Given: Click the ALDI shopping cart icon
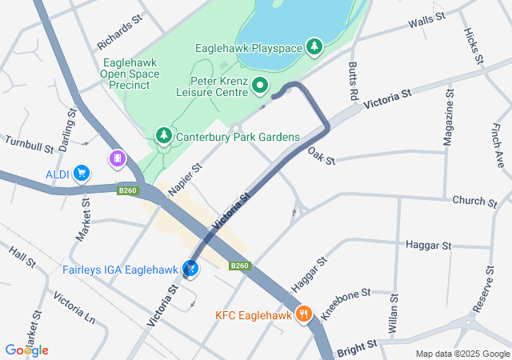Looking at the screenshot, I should coord(81,173).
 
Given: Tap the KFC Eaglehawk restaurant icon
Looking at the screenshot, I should coord(303,314).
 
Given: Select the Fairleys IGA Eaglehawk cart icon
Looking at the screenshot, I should coord(192,269).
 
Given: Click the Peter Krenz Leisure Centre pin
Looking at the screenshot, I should coord(260,85).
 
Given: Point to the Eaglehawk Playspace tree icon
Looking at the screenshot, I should coord(315,47).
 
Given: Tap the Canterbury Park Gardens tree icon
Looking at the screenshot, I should coord(164,137).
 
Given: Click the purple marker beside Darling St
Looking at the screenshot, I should coord(117,159).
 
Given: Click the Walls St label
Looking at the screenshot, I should coord(426,22).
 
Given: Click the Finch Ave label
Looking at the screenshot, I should coord(498,145).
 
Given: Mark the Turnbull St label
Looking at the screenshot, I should coord(28,144).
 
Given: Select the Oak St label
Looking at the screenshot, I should coord(321,156).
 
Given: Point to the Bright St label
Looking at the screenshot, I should coord(356,348).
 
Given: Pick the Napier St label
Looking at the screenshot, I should coord(186,176).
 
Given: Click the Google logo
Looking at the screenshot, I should coord(26,350).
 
